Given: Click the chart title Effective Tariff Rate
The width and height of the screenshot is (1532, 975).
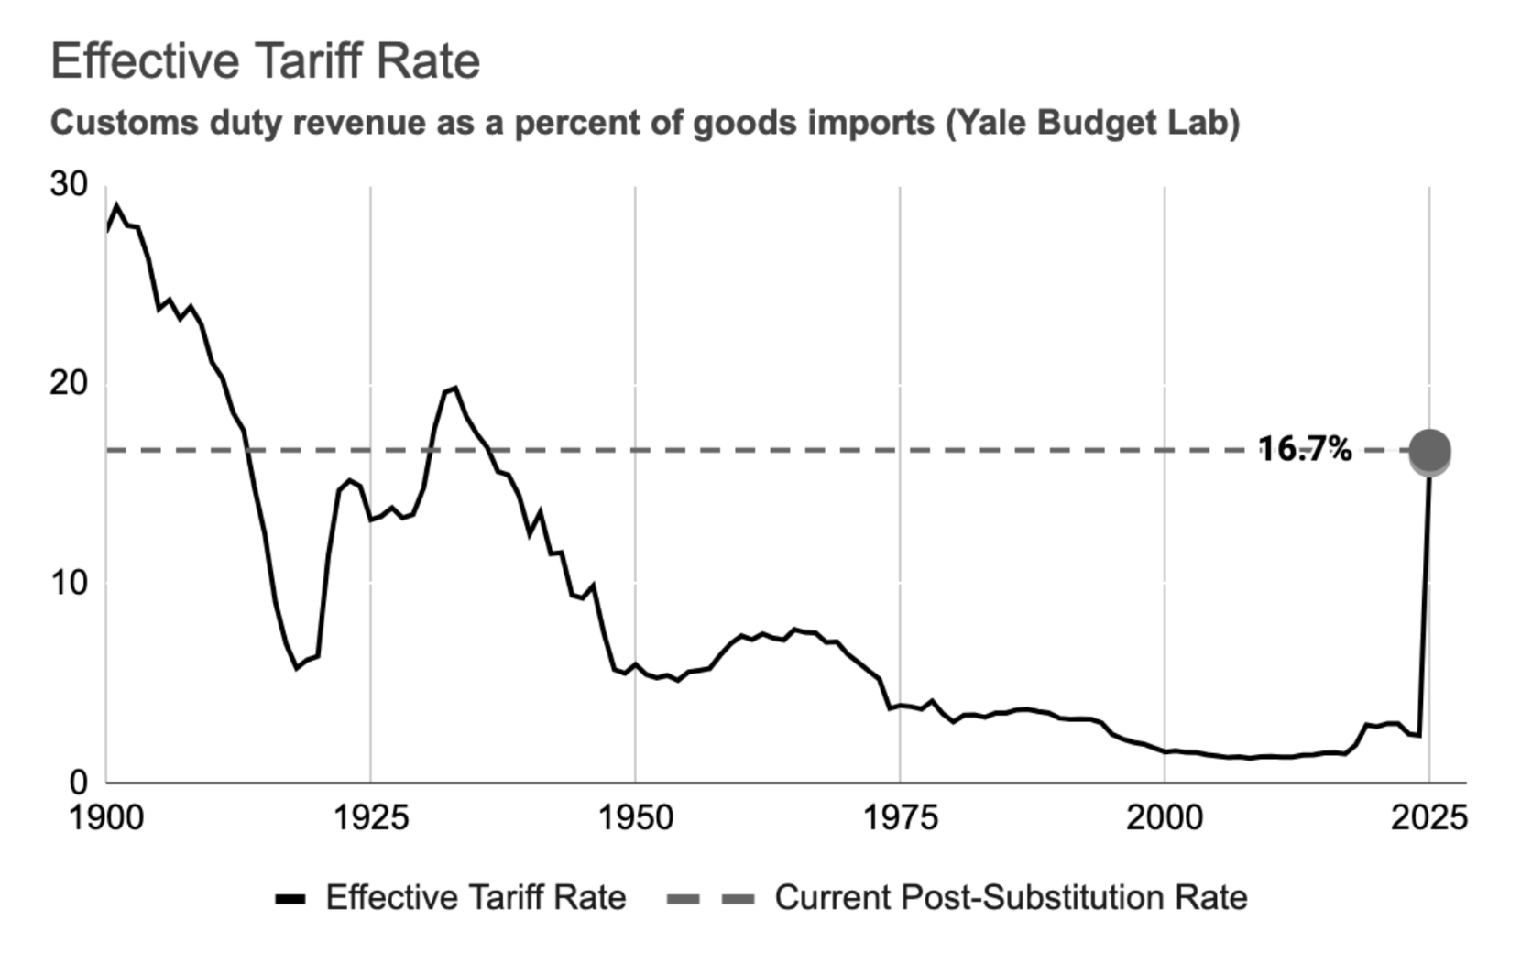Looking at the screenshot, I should pos(266,61).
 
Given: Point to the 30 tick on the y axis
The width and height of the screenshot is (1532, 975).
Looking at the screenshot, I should pos(70,184).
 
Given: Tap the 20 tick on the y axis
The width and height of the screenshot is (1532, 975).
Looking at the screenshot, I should pos(70,383).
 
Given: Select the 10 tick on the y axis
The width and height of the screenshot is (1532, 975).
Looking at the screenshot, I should pos(70,583).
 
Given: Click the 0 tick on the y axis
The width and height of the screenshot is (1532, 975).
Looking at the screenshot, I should pos(79,783).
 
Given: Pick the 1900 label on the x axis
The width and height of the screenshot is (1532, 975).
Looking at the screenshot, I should pos(106,817).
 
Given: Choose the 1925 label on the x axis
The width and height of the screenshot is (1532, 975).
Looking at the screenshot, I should pos(370,817).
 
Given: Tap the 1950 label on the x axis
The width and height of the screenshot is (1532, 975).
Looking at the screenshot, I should pos(635,817).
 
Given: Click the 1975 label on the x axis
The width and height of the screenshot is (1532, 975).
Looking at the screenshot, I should pos(900,817).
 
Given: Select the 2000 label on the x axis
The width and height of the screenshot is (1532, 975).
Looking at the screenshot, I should pos(1164,817).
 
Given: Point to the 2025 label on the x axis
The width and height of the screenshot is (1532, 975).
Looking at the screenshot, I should pos(1428,817).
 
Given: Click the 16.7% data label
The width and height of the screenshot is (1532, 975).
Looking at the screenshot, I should pos(1305,449).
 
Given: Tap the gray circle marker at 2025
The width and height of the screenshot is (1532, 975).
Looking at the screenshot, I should pos(1429,451).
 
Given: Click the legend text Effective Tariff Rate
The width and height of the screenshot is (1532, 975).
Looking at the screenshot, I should pos(476,897).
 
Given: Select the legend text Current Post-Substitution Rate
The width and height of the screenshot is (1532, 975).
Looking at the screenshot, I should pos(1011,897).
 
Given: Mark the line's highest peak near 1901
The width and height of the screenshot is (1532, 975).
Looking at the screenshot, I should pos(116,206).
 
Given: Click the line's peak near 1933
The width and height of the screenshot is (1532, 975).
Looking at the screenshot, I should pos(455,389).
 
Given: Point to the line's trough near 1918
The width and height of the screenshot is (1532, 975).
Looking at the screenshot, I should pos(297,668).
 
